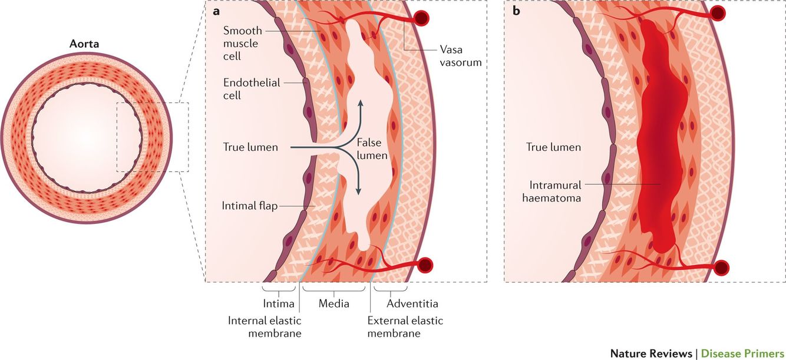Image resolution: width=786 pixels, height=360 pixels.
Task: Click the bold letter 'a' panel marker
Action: pos(216,11)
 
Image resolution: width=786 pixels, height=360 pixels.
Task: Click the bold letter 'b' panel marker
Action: pos(516,11)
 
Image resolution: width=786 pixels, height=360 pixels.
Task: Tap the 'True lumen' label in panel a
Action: pos(250,147)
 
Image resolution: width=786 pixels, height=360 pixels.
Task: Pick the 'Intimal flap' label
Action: pos(250,206)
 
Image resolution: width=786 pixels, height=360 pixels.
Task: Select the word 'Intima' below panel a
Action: pos(277,304)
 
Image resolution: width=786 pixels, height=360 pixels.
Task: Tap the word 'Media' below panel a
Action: pos(333,304)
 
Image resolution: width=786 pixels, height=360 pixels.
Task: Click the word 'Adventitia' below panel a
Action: pos(412,304)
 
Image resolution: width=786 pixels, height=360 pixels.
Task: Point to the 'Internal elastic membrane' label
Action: pos(265,327)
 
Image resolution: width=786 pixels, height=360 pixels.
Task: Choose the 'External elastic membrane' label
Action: pos(405,327)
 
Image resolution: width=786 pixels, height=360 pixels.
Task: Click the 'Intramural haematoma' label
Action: pos(551,191)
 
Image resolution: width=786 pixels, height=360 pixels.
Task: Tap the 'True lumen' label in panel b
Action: pos(553,147)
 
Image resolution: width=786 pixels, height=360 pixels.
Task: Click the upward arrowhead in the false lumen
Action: pos(361,104)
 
